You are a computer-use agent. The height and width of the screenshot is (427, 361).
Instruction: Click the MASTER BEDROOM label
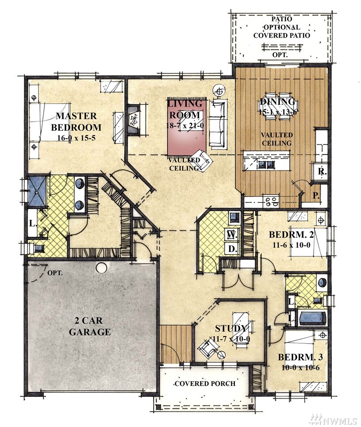[76, 122]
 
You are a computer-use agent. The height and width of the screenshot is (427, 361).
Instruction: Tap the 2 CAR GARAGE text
[89, 326]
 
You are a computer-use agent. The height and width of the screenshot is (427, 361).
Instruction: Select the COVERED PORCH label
[205, 384]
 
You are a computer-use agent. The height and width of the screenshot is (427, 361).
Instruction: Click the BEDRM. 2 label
[291, 234]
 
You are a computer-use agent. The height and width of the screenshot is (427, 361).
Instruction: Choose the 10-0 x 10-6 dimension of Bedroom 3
[300, 368]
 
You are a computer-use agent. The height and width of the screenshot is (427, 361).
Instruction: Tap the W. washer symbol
[232, 235]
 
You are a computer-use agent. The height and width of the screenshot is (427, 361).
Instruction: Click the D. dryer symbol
[232, 248]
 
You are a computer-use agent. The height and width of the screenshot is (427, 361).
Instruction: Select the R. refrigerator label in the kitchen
[322, 171]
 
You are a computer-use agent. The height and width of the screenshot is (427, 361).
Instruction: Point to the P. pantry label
[316, 195]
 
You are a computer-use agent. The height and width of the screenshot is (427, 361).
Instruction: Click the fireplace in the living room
[133, 119]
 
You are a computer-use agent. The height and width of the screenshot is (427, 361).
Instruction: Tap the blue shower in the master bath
[37, 191]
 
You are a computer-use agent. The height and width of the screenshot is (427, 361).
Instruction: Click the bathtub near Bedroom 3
[313, 318]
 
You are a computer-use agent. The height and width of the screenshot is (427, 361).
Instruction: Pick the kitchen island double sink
[265, 165]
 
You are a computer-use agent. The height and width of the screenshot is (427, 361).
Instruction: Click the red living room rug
[187, 126]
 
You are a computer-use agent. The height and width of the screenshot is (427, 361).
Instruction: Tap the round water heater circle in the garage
[101, 268]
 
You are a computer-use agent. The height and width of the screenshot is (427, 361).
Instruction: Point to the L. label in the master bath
[33, 224]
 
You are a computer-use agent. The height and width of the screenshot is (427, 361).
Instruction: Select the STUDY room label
[231, 329]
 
